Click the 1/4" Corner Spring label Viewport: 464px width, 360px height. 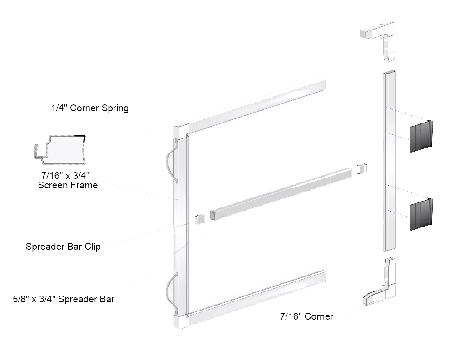(90, 108)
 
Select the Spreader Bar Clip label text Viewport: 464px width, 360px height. (63, 247)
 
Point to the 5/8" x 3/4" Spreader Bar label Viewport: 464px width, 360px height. (64, 300)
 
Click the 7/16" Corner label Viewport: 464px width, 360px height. (306, 316)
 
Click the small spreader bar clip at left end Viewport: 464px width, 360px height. (197, 219)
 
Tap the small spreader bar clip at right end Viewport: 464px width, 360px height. (362, 169)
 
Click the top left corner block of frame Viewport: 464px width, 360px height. (179, 130)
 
